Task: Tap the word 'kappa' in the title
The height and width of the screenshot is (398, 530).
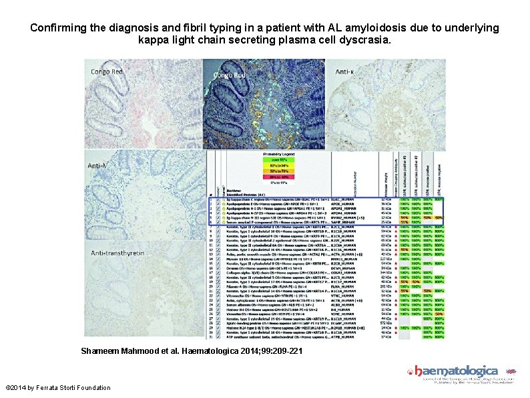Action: click(154, 41)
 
